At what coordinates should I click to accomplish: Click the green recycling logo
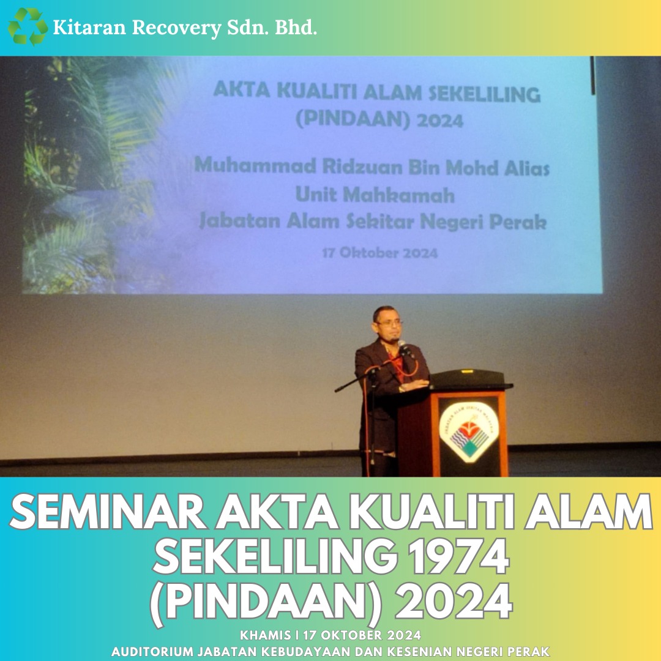[28, 26]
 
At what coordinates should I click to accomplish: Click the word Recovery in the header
[177, 28]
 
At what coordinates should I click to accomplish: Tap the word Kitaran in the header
[89, 28]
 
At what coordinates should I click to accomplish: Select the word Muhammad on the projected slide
[255, 165]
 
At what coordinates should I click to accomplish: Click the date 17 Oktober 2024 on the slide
[380, 253]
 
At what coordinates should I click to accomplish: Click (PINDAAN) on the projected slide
[353, 119]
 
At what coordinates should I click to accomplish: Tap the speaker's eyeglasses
[388, 323]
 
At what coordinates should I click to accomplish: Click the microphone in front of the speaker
[405, 348]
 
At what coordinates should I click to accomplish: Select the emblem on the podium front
[469, 432]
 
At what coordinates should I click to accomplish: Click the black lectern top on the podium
[468, 379]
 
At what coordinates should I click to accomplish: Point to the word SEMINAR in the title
[108, 512]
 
